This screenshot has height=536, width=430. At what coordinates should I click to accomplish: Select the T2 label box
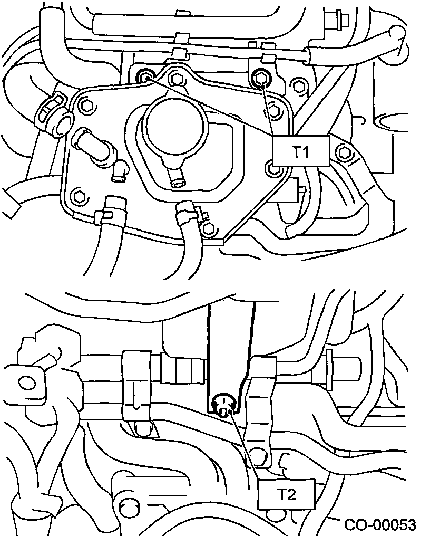click(x=286, y=494)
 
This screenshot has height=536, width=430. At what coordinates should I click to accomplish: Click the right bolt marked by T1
click(x=261, y=79)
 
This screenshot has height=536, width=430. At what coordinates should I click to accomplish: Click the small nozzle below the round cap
click(x=177, y=182)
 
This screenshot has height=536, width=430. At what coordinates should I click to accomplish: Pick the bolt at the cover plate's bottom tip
click(x=209, y=228)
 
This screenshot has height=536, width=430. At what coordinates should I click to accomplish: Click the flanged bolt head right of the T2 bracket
click(x=343, y=365)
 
